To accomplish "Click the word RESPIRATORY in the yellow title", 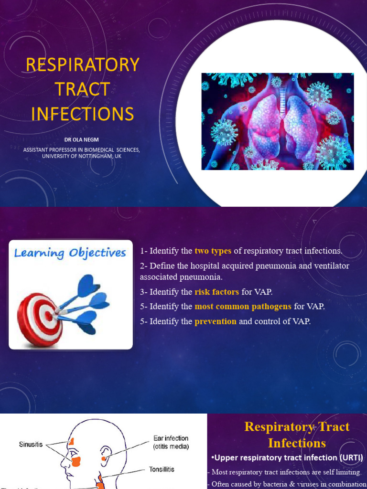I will [x=83, y=64].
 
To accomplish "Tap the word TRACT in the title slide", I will [x=82, y=89].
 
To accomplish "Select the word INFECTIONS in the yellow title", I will [x=82, y=114].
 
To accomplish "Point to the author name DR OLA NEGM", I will [x=82, y=140].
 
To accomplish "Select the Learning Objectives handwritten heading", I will [x=70, y=253].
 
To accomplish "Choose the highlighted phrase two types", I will [x=213, y=251].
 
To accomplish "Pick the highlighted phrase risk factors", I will [x=216, y=292].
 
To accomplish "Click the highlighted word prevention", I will [x=215, y=321].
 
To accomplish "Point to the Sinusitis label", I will [x=31, y=444].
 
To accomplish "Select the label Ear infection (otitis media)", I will [x=171, y=442].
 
